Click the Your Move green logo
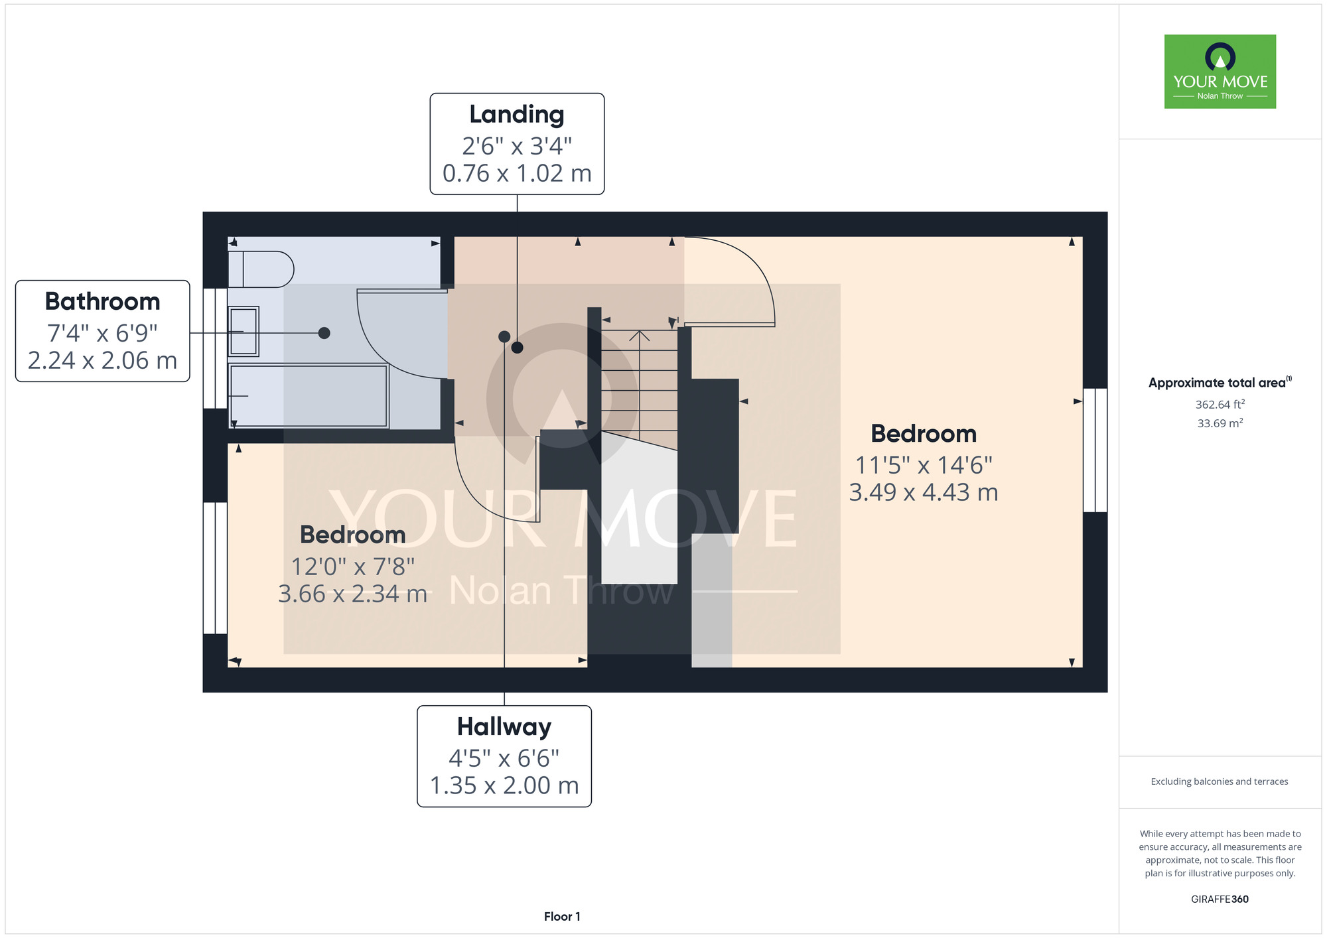pyautogui.click(x=1220, y=72)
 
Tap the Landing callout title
pyautogui.click(x=517, y=115)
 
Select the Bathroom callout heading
pyautogui.click(x=103, y=302)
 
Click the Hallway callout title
pyautogui.click(x=504, y=727)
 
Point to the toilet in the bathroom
pyautogui.click(x=261, y=269)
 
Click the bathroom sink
pyautogui.click(x=244, y=332)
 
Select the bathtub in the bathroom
pyautogui.click(x=309, y=395)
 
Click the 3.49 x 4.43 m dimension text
pyautogui.click(x=924, y=493)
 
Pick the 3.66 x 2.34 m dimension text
pyautogui.click(x=352, y=594)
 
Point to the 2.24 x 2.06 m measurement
pyautogui.click(x=103, y=361)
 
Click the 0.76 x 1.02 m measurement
pyautogui.click(x=517, y=174)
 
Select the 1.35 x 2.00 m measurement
pyautogui.click(x=504, y=786)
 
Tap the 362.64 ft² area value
pyautogui.click(x=1220, y=405)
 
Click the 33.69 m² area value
pyautogui.click(x=1220, y=423)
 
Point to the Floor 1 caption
pyautogui.click(x=562, y=917)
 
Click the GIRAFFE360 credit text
pyautogui.click(x=1220, y=900)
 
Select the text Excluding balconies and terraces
pyautogui.click(x=1220, y=782)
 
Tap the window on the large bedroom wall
pyautogui.click(x=1095, y=450)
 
